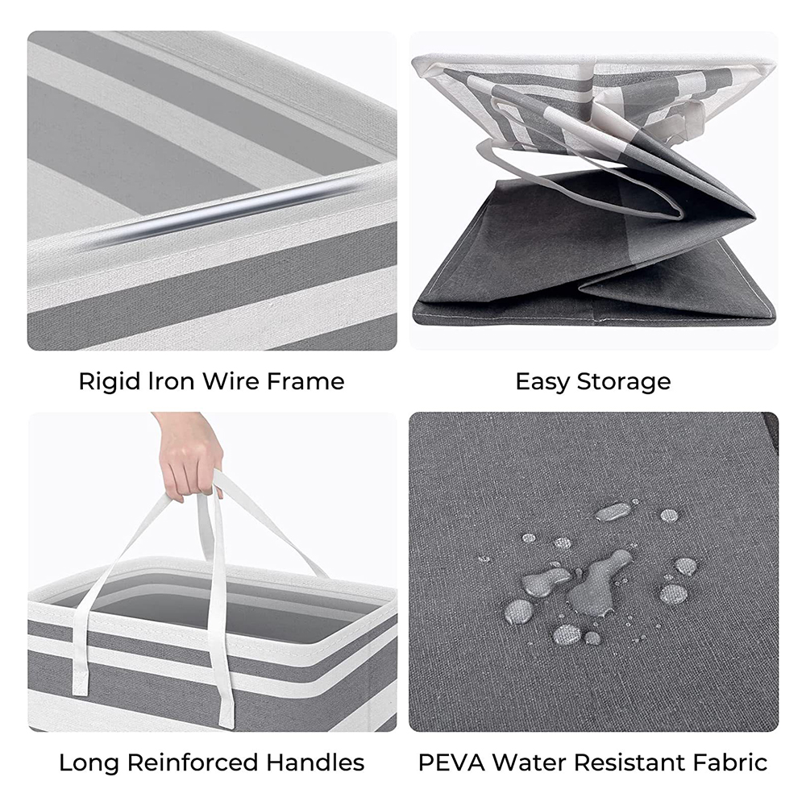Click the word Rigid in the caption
105,381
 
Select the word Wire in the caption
222,381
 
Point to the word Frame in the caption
303,381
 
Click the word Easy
542,381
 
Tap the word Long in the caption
89,762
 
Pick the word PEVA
448,762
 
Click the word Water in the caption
527,762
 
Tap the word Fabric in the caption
729,762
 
